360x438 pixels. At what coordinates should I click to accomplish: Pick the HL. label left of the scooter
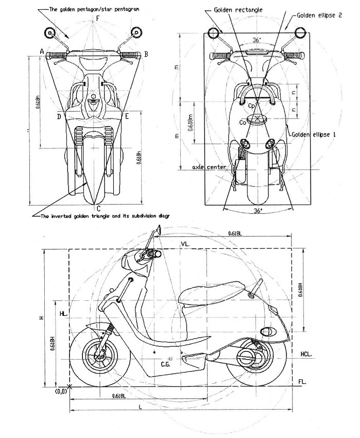click(x=63, y=313)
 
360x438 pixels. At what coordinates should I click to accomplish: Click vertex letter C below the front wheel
click(x=98, y=209)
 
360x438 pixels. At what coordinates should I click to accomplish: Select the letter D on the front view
click(x=59, y=117)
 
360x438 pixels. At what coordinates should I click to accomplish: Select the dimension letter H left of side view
click(x=40, y=318)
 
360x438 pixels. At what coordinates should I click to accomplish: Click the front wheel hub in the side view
click(x=99, y=356)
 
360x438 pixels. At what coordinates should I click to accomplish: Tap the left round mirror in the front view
click(x=50, y=33)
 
